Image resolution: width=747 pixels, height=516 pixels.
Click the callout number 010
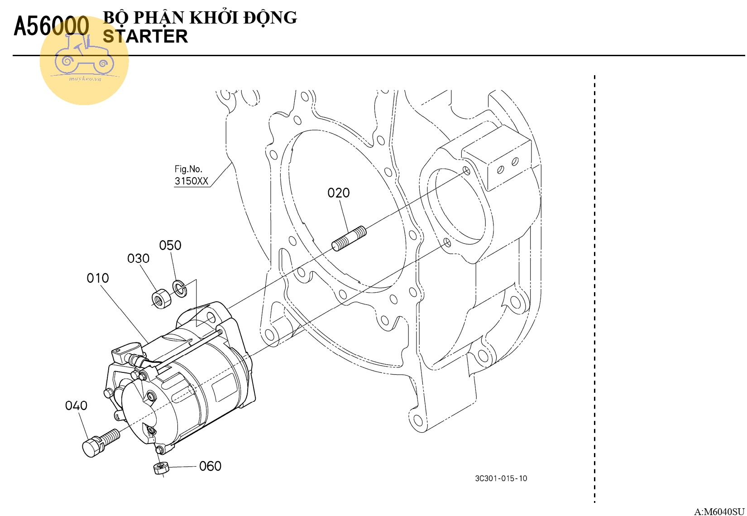[98, 278]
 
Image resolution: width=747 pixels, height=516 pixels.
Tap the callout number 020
[339, 193]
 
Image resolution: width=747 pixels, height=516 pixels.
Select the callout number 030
[138, 259]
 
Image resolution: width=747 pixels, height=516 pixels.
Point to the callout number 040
[76, 405]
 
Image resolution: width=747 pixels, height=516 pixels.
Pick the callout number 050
[170, 246]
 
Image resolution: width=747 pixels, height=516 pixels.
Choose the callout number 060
[210, 466]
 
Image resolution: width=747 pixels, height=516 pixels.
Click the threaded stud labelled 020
[349, 239]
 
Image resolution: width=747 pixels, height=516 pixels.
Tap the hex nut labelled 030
[160, 299]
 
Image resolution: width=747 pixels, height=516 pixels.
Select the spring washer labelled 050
[179, 289]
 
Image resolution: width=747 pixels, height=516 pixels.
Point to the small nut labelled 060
[160, 468]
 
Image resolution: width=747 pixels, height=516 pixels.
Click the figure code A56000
[51, 26]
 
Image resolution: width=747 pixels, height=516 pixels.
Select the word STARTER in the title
[145, 36]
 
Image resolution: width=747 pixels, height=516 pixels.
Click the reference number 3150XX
[192, 181]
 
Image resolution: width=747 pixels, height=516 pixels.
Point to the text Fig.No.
[188, 169]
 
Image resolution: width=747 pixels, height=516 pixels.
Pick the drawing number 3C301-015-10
[501, 478]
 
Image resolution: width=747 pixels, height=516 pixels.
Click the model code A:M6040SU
[719, 511]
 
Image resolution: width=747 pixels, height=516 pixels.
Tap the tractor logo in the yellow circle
[84, 57]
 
